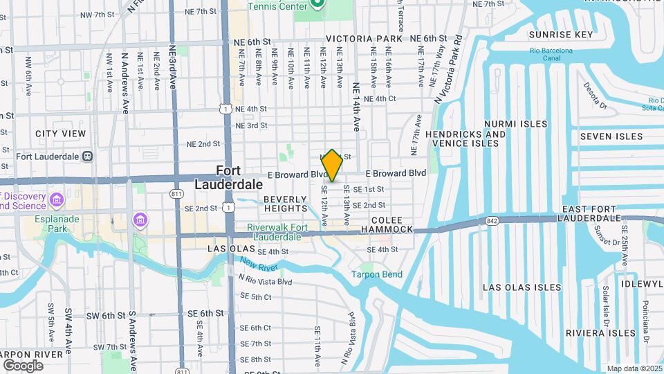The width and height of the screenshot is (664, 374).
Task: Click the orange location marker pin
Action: click(x=332, y=166)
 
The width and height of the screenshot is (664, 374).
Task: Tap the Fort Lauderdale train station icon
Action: click(x=87, y=156)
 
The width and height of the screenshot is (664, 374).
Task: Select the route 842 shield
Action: click(x=492, y=220)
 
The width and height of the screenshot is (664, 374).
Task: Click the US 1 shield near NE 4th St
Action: click(x=225, y=109)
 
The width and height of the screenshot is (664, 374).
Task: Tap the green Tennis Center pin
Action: click(x=317, y=4)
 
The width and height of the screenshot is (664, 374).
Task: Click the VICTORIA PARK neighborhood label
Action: click(x=364, y=39)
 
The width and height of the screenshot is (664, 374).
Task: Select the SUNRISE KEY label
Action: click(x=561, y=35)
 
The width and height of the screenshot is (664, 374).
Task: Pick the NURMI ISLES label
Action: click(x=515, y=124)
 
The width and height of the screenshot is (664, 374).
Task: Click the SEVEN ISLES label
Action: click(x=611, y=136)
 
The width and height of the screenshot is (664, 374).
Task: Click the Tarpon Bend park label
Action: click(x=376, y=274)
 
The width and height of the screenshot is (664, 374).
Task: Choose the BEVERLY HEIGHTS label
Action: click(x=285, y=204)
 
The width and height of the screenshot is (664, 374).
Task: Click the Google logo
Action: click(x=23, y=365)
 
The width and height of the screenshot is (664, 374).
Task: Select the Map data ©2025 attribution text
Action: click(x=634, y=368)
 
